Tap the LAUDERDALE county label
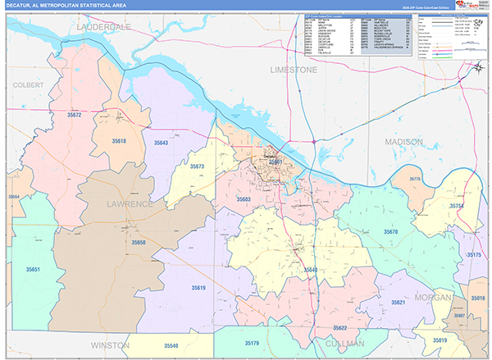[103, 27]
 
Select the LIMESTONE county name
[293, 71]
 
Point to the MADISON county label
[403, 142]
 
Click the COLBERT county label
[28, 84]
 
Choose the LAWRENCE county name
[129, 203]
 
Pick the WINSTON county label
[110, 345]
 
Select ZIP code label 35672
[75, 116]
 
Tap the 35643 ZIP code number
[160, 144]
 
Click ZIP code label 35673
[197, 166]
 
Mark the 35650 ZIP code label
[139, 244]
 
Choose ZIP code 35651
[34, 269]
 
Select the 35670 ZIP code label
[390, 232]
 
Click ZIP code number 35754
[456, 206]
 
